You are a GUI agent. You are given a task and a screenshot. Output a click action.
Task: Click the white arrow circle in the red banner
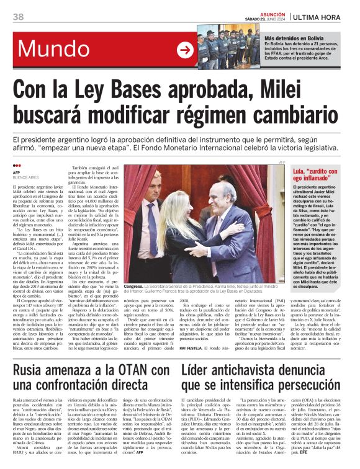[x=185, y=50]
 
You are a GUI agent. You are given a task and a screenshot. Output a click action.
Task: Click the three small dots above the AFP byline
[x=17, y=166]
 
